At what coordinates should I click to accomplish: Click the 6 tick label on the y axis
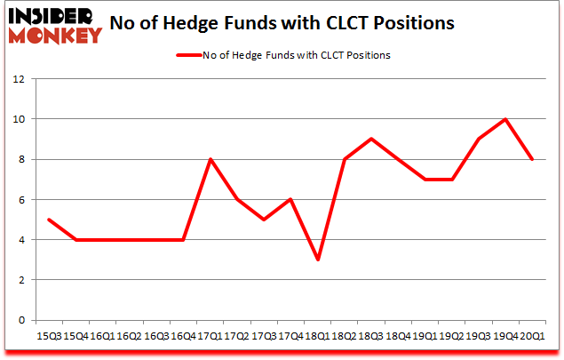20,200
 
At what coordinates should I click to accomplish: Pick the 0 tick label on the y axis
20,321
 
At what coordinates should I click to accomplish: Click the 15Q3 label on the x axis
48,336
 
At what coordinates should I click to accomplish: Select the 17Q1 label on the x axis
210,336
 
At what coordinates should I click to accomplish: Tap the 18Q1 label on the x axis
317,336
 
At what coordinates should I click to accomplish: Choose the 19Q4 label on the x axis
505,336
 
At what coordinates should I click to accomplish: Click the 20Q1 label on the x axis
533,336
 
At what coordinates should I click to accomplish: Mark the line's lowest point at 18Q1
317,260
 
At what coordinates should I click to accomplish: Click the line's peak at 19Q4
505,119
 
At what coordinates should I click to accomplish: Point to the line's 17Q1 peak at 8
210,159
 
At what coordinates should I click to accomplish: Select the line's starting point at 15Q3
48,220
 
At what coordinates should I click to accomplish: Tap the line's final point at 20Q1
533,159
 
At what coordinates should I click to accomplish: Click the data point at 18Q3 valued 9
371,139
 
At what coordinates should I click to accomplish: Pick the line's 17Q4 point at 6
290,199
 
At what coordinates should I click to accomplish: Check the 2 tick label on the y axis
20,280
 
